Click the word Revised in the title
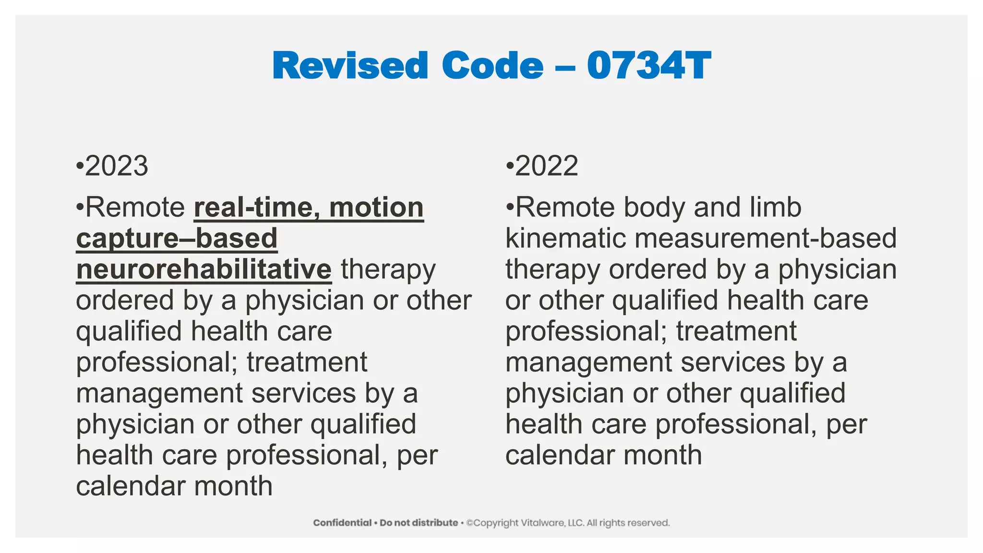(x=350, y=66)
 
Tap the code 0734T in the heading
(x=648, y=66)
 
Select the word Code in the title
(x=492, y=66)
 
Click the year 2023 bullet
(x=116, y=166)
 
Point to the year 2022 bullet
(x=546, y=166)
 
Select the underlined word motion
(x=376, y=207)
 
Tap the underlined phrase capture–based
(x=177, y=239)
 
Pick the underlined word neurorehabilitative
(x=204, y=269)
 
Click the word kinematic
(x=565, y=239)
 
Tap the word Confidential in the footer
(x=342, y=523)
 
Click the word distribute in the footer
(x=433, y=523)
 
